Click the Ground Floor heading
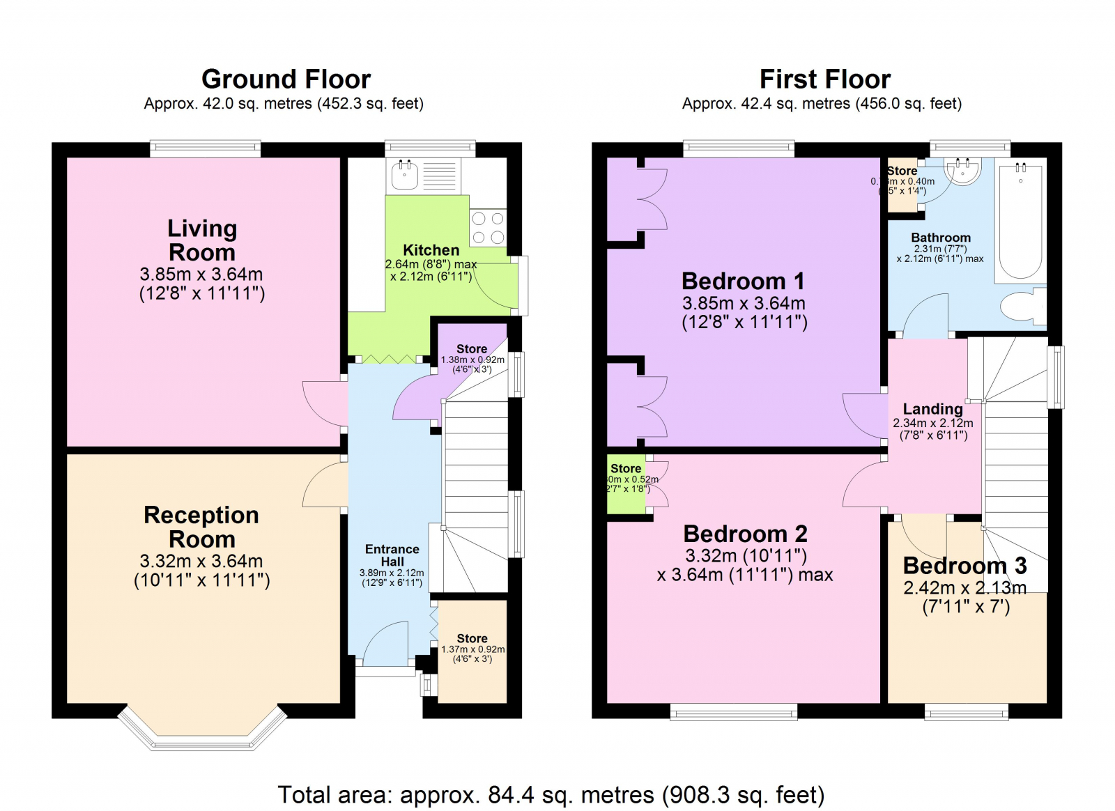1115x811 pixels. (286, 79)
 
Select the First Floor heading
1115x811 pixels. (824, 79)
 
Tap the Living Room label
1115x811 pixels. (202, 240)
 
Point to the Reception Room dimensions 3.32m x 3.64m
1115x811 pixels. (201, 561)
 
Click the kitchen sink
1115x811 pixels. (404, 176)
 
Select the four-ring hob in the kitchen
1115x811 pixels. (488, 228)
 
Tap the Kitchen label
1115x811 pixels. (431, 250)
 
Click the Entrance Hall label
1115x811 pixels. (392, 555)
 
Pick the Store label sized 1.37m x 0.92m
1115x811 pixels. (472, 638)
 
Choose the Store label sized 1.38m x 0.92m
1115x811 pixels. (472, 348)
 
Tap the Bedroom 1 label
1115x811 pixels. (743, 281)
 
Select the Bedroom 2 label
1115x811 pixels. (745, 534)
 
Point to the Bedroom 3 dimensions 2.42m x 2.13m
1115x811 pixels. (964, 588)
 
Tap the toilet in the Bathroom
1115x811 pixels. (1022, 306)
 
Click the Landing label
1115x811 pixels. (932, 409)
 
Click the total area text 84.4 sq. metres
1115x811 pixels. (551, 794)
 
